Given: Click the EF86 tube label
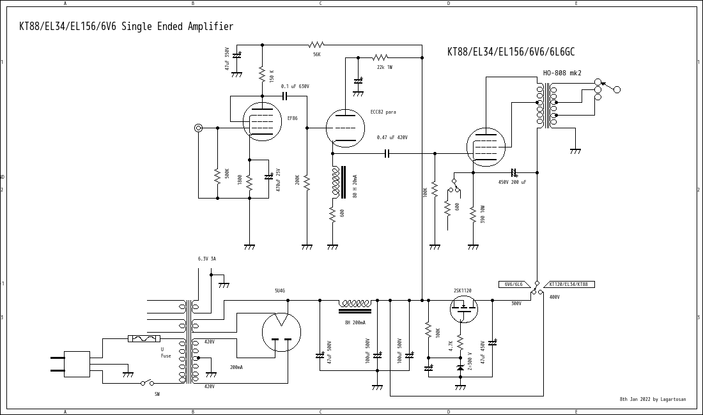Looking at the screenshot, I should [x=292, y=118].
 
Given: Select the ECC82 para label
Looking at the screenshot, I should [x=383, y=112].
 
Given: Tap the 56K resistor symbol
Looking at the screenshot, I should [x=316, y=45].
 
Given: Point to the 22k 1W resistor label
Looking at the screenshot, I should [x=384, y=67].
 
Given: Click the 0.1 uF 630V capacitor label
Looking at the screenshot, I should [x=295, y=86].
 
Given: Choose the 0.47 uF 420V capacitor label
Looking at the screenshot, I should [x=392, y=137].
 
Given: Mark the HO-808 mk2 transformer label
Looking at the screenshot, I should [x=562, y=73].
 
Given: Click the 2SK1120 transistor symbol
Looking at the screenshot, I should [x=463, y=310].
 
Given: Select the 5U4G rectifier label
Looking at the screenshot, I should [x=280, y=290].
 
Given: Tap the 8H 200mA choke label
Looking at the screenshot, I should [x=355, y=322].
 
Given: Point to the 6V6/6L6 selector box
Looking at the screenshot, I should [x=513, y=284].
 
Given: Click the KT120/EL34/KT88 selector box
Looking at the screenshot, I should [x=568, y=284].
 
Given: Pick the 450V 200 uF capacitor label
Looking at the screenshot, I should [x=512, y=182].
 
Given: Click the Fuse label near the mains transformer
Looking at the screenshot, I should [x=166, y=356].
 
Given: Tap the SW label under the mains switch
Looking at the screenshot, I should [x=157, y=394].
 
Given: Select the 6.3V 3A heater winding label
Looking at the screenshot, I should [x=206, y=259].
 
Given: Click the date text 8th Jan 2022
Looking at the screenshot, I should [x=635, y=399].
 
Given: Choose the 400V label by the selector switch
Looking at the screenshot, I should [x=554, y=297].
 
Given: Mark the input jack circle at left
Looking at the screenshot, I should [x=198, y=128].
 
